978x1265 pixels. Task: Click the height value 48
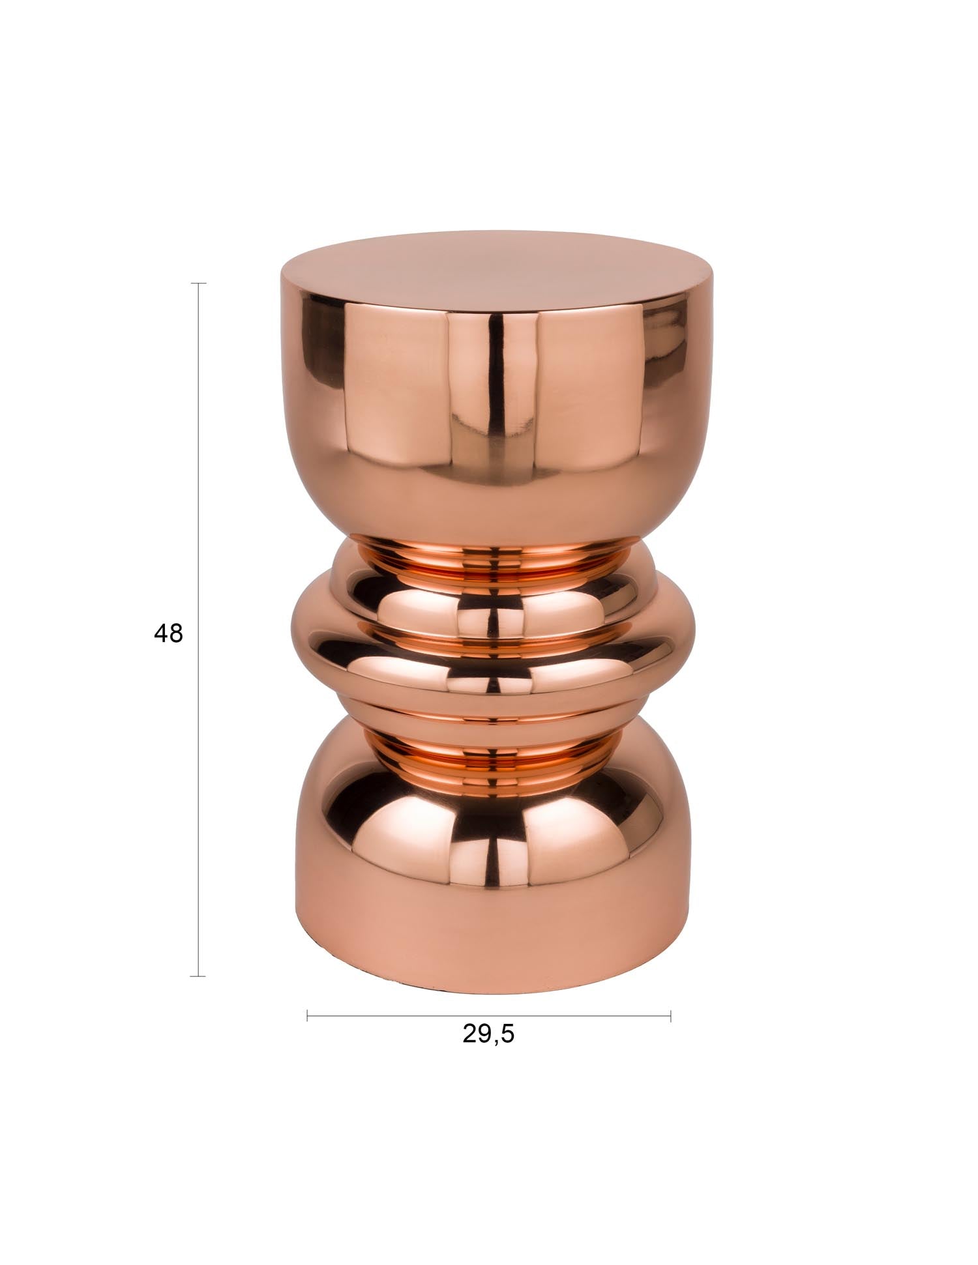point(168,633)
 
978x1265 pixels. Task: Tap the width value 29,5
point(488,1034)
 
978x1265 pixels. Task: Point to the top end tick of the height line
point(198,284)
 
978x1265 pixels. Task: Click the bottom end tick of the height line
point(198,976)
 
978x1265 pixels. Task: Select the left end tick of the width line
point(307,1015)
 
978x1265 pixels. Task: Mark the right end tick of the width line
point(670,1015)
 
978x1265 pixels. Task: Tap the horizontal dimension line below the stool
point(489,1015)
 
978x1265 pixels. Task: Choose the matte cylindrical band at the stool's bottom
point(489,925)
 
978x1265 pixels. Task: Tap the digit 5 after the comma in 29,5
point(508,1034)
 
